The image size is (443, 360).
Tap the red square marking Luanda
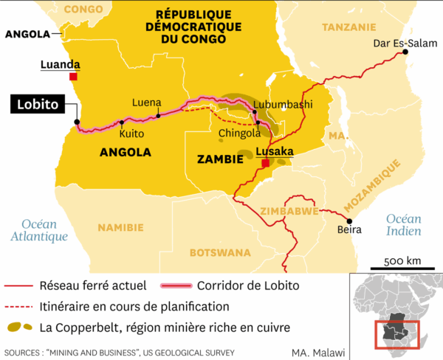coord(73,77)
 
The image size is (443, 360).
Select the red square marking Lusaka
coord(265,163)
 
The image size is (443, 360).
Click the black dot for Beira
coord(350,221)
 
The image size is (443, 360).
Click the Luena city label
coord(146,103)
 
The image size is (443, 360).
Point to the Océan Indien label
coord(403,225)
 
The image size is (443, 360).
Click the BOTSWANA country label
coord(220,252)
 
